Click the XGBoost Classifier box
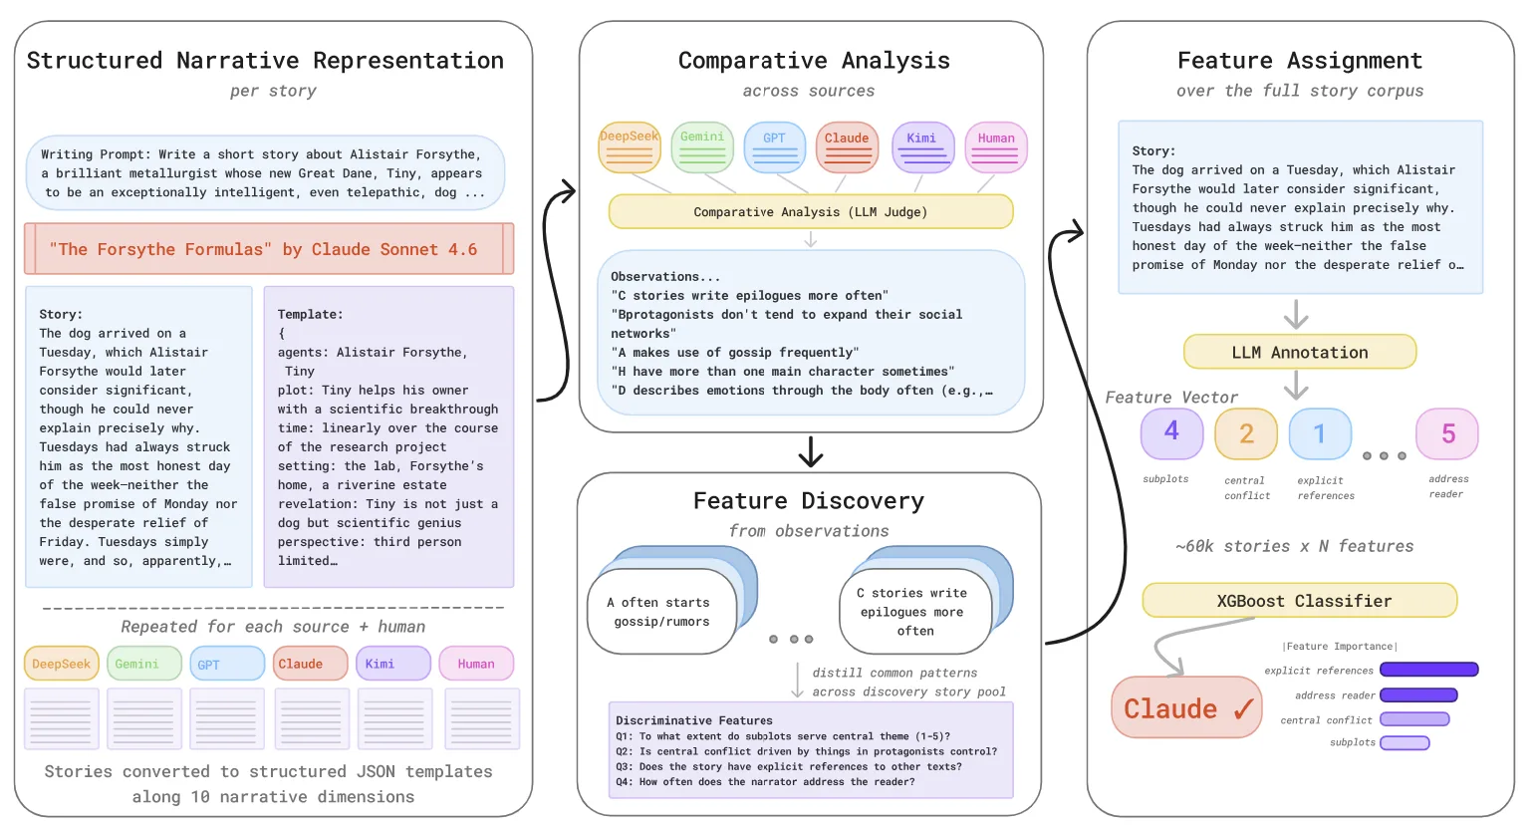(x=1299, y=600)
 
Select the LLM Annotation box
(x=1300, y=352)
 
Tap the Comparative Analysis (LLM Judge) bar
(x=811, y=211)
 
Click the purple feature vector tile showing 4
(x=1171, y=433)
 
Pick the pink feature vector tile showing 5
(x=1447, y=433)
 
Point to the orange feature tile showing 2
(x=1246, y=433)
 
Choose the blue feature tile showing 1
(x=1321, y=433)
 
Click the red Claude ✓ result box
(x=1186, y=707)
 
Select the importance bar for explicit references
(x=1429, y=670)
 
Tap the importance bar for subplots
(x=1405, y=742)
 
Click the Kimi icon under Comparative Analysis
(x=922, y=147)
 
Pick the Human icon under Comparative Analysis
(x=996, y=147)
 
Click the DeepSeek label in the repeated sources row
(x=62, y=664)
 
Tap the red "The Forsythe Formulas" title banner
(x=269, y=249)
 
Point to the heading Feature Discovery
(x=809, y=501)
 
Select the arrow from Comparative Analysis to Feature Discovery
(x=811, y=451)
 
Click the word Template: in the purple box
(x=310, y=315)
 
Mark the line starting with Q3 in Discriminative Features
(x=788, y=766)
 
